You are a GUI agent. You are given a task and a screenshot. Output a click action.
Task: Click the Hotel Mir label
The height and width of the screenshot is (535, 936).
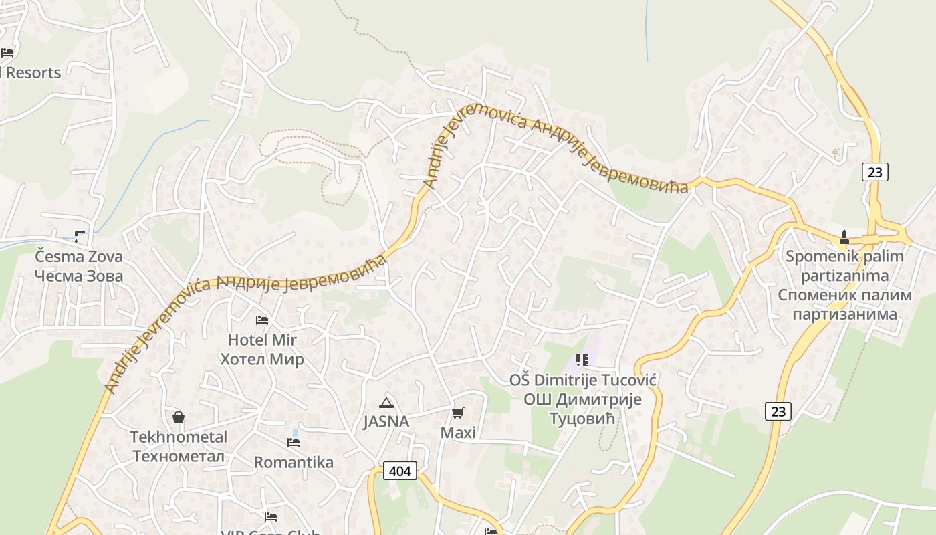[262, 340]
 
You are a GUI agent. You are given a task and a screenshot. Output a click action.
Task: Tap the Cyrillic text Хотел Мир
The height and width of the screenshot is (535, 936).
[262, 359]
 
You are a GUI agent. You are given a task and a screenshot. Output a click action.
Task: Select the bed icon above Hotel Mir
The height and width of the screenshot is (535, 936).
[262, 320]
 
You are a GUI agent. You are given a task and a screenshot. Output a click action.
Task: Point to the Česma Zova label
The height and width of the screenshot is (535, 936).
[79, 257]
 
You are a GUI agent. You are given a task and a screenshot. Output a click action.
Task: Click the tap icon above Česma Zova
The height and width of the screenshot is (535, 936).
[80, 236]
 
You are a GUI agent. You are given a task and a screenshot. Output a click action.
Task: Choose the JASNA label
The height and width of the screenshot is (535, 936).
[386, 421]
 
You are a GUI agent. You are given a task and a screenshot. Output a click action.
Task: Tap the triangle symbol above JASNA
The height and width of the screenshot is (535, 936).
[386, 403]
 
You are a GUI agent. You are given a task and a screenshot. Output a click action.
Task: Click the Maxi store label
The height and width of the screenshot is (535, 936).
[458, 433]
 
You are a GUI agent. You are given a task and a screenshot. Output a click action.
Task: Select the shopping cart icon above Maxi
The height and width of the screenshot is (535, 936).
[458, 413]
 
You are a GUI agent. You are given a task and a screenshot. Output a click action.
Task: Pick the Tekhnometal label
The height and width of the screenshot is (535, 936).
[179, 437]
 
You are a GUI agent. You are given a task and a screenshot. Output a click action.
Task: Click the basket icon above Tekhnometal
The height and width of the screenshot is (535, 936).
[179, 417]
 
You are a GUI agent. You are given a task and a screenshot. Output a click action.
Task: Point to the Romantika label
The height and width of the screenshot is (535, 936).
[294, 462]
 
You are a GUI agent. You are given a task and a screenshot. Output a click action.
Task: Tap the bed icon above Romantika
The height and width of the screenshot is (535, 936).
[294, 443]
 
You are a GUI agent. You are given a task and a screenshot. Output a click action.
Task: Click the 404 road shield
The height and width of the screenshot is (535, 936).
[400, 471]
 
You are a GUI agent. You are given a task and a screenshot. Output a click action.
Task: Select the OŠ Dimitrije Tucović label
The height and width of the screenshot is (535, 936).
[582, 380]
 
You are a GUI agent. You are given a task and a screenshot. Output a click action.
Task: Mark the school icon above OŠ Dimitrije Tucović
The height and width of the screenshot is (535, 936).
[582, 360]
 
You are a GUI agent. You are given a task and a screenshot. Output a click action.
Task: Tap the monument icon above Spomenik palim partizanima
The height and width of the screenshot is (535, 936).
[844, 237]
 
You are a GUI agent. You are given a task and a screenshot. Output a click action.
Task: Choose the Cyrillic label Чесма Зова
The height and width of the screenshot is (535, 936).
[79, 276]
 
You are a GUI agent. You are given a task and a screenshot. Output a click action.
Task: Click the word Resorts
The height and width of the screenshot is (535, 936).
[33, 72]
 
